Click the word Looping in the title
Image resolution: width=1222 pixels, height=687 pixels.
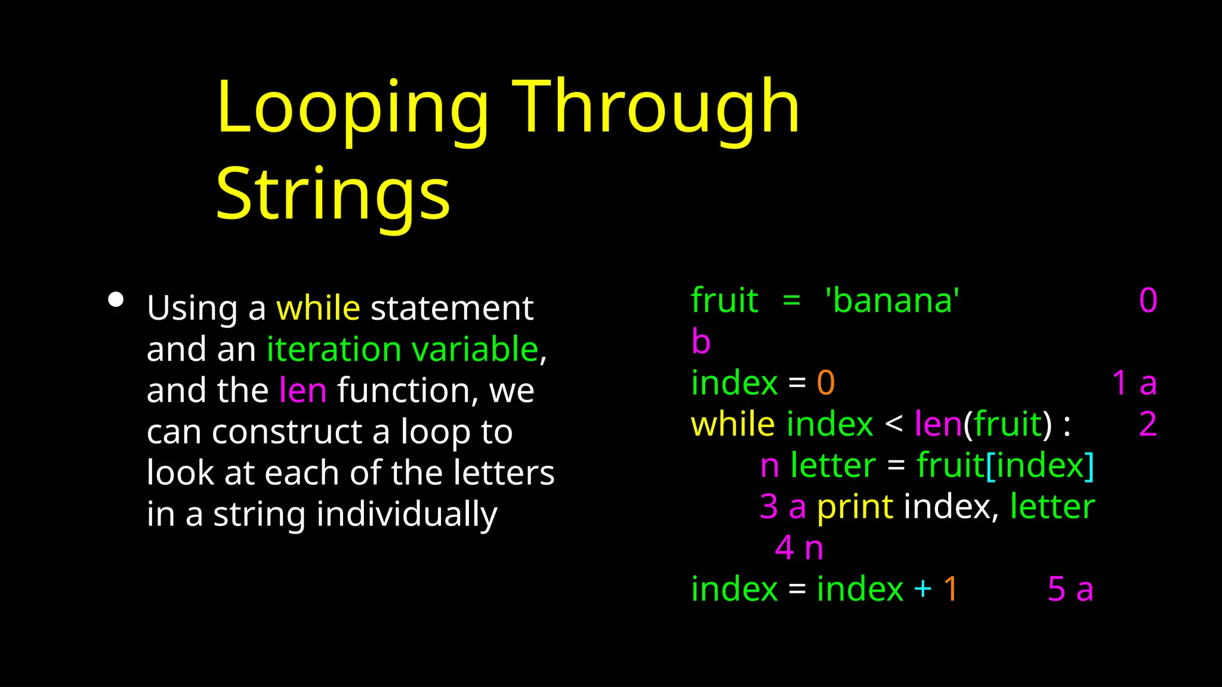click(x=352, y=109)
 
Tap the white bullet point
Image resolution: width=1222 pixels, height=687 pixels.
click(x=116, y=299)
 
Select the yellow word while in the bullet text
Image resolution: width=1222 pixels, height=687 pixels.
click(x=318, y=308)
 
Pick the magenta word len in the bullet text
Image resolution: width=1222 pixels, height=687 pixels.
click(x=303, y=391)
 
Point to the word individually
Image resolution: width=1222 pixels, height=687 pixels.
click(x=406, y=514)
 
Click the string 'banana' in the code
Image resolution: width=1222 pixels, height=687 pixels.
click(x=892, y=301)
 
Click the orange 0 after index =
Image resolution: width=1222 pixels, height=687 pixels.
click(x=825, y=383)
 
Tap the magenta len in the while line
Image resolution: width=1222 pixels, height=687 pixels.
click(x=938, y=425)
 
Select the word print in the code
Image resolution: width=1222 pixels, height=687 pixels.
click(x=854, y=507)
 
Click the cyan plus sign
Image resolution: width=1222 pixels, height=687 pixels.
click(x=922, y=589)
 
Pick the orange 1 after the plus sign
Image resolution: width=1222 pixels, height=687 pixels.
click(x=951, y=589)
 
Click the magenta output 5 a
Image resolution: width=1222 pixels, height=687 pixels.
click(x=1070, y=589)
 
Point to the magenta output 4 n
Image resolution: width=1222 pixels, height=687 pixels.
click(x=799, y=548)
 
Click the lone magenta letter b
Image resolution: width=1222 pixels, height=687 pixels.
click(x=701, y=342)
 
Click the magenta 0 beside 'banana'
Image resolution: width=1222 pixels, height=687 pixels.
click(x=1148, y=301)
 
